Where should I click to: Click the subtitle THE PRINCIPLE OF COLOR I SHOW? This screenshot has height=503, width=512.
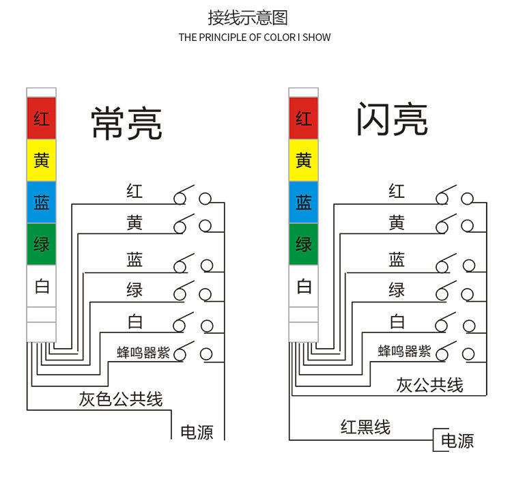255,38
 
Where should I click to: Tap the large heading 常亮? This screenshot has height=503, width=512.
126,124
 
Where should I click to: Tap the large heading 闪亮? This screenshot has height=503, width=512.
392,121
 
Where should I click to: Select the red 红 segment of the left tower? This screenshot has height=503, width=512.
42,118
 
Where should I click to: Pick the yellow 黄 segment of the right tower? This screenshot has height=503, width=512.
304,160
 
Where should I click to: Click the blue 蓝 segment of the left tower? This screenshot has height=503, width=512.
42,202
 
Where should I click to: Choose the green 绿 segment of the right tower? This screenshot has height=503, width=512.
304,244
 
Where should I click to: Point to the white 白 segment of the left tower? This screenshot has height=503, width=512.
42,286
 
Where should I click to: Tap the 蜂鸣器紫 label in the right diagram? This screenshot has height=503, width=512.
405,351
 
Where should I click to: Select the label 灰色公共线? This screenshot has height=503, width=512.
121,399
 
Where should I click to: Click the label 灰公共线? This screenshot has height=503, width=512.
429,385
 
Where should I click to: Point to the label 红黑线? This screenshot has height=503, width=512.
365,428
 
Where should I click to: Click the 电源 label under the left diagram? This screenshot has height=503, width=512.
197,432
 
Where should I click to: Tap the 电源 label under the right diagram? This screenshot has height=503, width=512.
457,441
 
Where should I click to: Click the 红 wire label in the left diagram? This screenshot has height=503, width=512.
134,191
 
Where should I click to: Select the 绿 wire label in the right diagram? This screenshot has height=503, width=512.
397,290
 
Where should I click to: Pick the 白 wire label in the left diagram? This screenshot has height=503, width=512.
134,321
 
